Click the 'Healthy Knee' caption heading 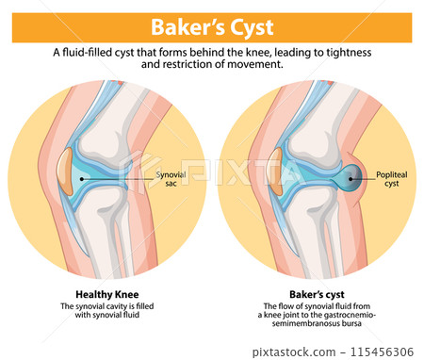click(105, 293)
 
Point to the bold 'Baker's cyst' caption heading click(315, 293)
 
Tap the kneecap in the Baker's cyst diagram click(275, 176)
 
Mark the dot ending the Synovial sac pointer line click(83, 177)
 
